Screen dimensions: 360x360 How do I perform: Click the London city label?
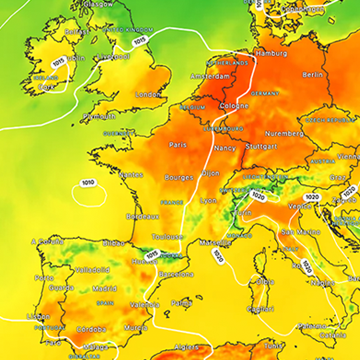click(x=146, y=95)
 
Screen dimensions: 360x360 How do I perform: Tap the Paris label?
click(x=179, y=145)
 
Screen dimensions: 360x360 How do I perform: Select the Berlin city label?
click(x=313, y=75)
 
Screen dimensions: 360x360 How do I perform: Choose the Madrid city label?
click(x=104, y=289)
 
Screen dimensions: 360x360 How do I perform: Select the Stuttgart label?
click(x=263, y=146)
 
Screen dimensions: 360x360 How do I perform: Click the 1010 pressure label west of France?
click(x=88, y=183)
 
